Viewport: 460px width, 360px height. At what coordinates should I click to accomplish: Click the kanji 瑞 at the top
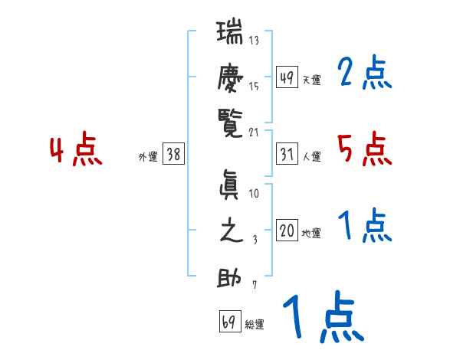230,35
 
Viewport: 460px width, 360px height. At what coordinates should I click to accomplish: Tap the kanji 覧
230,121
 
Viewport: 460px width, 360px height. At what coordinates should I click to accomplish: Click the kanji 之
230,231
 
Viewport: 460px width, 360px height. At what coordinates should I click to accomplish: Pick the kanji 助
230,277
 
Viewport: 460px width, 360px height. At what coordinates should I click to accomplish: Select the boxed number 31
287,155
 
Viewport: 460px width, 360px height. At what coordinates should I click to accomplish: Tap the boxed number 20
287,231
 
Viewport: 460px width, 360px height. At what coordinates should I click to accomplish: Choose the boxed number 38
173,155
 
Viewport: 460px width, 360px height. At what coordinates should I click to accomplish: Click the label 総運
255,325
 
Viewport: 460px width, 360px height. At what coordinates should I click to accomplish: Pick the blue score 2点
364,74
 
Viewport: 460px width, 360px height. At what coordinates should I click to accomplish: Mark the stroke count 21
254,132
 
